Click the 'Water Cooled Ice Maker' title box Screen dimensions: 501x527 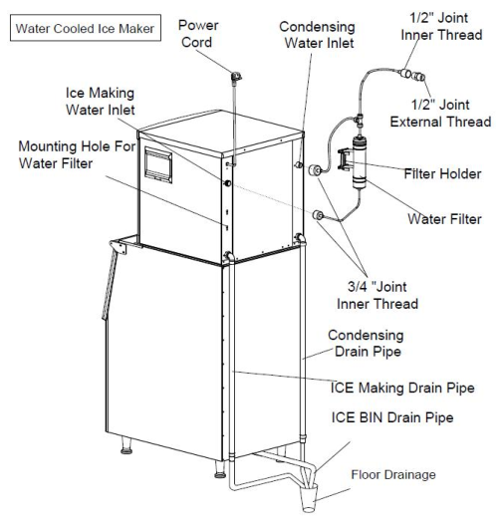point(86,28)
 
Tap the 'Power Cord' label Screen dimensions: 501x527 point(198,34)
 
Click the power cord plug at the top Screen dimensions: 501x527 point(235,77)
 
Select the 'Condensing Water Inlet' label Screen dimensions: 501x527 point(317,35)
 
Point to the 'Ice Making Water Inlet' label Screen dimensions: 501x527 point(101,102)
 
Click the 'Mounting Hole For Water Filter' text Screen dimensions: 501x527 point(77,155)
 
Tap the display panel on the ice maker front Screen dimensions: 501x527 point(158,165)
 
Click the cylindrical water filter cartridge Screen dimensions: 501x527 point(360,162)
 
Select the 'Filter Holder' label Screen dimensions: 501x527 point(442,173)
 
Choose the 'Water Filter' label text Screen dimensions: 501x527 point(444,219)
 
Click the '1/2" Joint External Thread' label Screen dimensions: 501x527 point(440,114)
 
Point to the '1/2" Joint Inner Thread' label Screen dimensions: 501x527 point(441,26)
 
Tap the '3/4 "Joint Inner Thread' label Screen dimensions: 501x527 point(377,296)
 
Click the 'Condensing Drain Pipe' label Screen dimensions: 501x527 point(366,343)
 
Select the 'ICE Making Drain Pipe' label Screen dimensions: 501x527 point(402,388)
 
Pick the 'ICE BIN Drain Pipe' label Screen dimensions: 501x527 point(392,417)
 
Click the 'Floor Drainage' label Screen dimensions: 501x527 point(393,474)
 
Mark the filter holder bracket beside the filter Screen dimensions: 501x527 point(344,159)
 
